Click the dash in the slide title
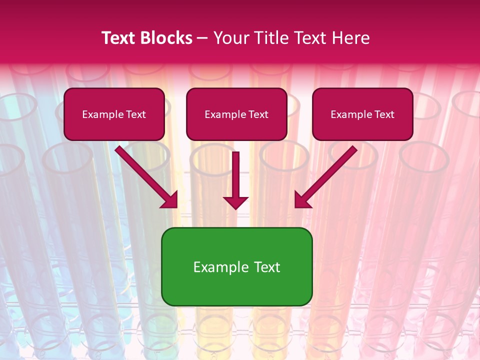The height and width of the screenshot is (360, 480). pos(202,38)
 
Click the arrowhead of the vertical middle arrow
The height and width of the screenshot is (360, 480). pos(235,202)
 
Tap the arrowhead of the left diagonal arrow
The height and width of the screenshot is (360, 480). pos(170,200)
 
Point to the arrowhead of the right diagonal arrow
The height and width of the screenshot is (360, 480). pos(302,200)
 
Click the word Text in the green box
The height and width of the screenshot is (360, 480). pos(266,267)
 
